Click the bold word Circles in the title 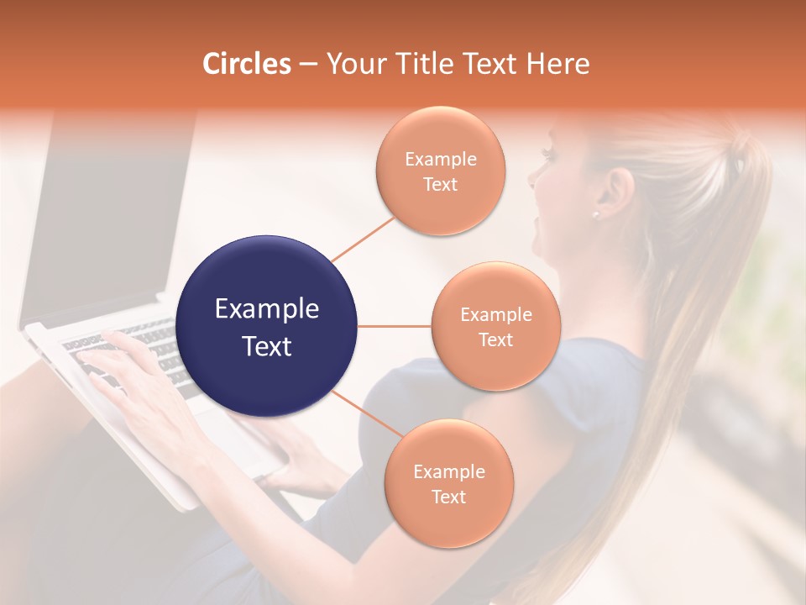(x=247, y=64)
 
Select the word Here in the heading (x=558, y=64)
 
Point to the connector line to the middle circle (x=395, y=326)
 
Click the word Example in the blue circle (x=267, y=309)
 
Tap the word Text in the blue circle (x=267, y=346)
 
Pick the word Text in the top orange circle (x=441, y=184)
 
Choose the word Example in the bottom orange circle (x=448, y=471)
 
